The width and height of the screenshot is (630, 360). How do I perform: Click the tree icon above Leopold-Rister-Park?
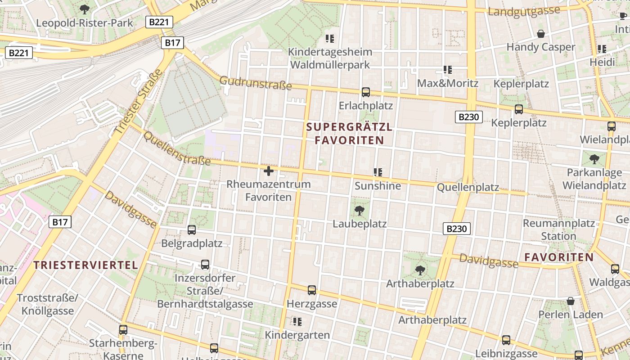[84, 9]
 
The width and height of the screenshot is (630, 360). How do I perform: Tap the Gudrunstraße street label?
[255, 83]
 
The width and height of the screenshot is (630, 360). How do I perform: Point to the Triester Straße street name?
[139, 101]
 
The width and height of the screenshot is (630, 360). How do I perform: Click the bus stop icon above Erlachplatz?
[366, 92]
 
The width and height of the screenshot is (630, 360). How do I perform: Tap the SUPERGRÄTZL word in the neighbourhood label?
[349, 127]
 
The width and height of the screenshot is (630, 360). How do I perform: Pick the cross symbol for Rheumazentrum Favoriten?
[269, 171]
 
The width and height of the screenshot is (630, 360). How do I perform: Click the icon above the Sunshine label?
[378, 172]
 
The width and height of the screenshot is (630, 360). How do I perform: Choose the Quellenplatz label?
[468, 187]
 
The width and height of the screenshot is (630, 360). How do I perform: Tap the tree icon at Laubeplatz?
[360, 210]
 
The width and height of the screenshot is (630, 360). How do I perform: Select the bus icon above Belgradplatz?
[192, 230]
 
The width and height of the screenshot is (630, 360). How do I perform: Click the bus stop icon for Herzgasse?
[312, 290]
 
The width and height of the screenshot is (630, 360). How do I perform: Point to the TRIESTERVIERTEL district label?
[85, 265]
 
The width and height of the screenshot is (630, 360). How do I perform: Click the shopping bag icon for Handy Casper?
[541, 34]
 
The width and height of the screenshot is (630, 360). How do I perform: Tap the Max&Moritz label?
[448, 83]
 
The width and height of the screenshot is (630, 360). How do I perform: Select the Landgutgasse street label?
[524, 11]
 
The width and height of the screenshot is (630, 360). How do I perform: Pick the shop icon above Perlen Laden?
[571, 301]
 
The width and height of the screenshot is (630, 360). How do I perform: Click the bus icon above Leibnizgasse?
[506, 340]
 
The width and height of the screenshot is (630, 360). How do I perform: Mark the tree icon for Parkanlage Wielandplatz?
[594, 159]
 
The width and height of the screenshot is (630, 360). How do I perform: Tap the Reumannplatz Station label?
[558, 229]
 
